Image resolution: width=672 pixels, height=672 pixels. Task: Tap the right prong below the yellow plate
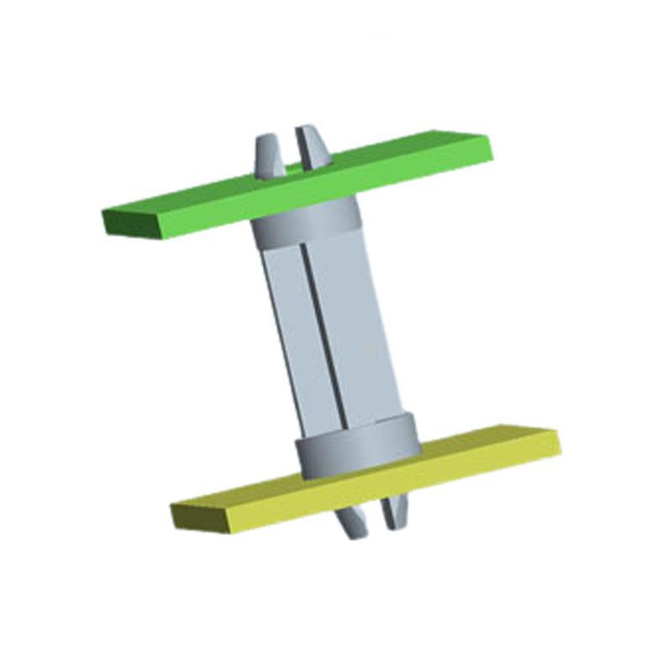(395, 512)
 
